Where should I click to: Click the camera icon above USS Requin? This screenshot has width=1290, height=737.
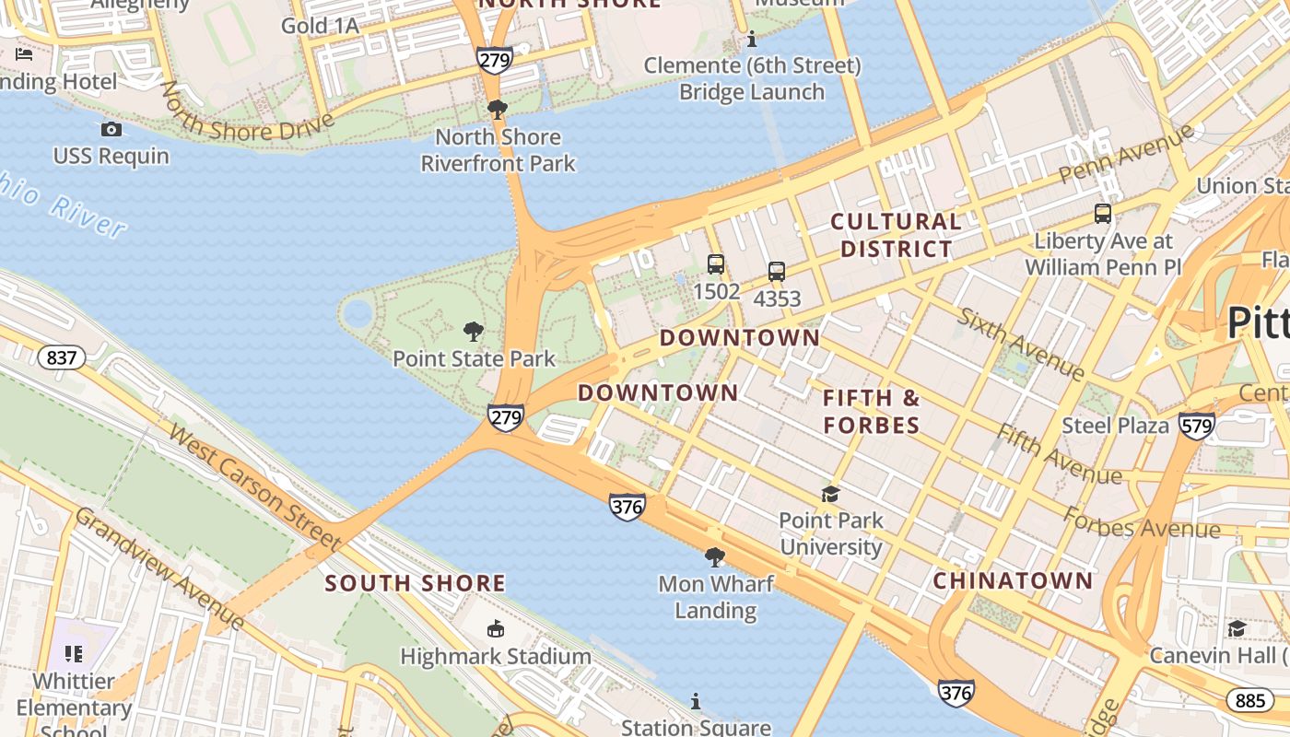coord(111,129)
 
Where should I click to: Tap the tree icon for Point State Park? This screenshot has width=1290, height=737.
coord(474,332)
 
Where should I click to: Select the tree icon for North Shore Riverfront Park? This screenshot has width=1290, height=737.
coord(498,111)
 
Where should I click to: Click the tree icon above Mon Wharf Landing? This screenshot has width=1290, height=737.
coord(714,557)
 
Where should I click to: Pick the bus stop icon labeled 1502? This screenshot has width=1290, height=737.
coord(716,264)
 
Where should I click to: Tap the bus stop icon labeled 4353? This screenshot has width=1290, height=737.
coord(777,272)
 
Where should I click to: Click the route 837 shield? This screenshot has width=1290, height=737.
coord(62,357)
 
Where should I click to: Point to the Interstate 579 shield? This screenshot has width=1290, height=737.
coord(1196,426)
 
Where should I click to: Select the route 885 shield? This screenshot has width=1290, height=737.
coord(1249,700)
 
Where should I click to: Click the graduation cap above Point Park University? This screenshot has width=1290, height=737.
coord(830,495)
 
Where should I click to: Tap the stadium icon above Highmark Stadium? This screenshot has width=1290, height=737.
coord(496,629)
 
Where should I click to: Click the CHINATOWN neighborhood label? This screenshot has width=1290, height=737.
coord(1013,581)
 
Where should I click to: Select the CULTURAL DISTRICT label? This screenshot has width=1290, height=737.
coord(896,235)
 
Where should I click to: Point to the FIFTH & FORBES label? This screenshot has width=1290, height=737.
coord(871,412)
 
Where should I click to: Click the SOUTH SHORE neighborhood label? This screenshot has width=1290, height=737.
coord(415,583)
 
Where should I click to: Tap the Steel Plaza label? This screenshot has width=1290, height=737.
coord(1115,426)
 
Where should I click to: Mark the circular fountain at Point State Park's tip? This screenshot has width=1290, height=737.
coord(357,315)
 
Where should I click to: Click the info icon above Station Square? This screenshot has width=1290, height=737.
coord(696,702)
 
